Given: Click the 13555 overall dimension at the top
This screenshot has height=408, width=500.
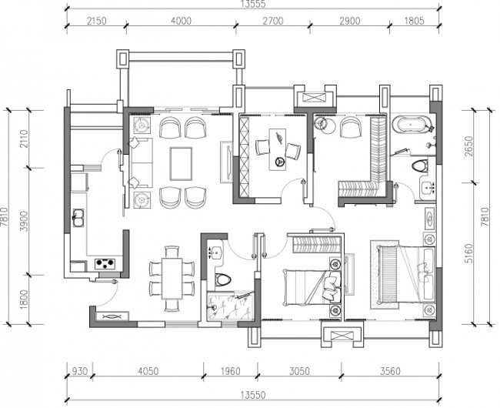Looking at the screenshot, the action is click(x=254, y=4).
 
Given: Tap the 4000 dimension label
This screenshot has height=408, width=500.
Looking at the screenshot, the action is click(x=181, y=21).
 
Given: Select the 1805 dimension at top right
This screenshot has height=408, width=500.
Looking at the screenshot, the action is click(x=414, y=21).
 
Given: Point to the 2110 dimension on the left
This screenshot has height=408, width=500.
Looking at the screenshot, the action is click(x=25, y=139).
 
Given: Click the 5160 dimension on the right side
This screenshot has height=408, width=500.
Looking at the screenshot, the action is click(x=468, y=253).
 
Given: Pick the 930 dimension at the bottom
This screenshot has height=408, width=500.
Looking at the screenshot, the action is click(x=79, y=371).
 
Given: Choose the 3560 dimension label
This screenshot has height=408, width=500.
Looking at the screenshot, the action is click(x=390, y=371).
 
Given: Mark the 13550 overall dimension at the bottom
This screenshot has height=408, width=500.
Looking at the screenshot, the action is click(x=252, y=395).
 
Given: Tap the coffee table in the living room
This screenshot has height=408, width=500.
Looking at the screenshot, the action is click(x=181, y=163).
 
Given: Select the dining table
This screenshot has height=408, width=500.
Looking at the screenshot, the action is click(x=172, y=278).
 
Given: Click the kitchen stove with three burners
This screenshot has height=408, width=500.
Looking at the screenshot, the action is click(x=105, y=263).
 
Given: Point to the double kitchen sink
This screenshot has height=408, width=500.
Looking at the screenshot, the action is click(x=78, y=218).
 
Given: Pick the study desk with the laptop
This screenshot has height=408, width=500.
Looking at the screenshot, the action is click(x=278, y=149).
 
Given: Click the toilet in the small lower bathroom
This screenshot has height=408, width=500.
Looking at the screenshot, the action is click(x=222, y=280).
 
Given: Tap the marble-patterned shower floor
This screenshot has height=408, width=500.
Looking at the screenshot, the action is click(x=230, y=307).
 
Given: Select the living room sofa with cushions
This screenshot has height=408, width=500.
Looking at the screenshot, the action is click(x=140, y=162).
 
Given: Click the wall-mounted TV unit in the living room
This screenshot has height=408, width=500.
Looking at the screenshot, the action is click(x=227, y=162).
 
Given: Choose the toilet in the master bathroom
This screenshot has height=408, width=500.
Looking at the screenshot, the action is click(x=420, y=166).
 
